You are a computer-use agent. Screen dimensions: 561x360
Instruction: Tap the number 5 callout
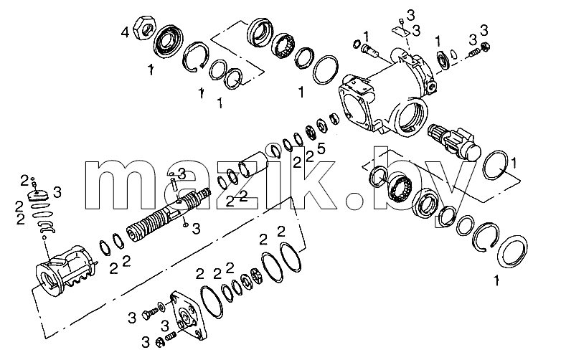point(321,148)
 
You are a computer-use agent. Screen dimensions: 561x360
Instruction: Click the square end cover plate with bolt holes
point(189,315)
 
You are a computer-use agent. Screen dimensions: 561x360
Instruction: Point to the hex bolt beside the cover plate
point(150,315)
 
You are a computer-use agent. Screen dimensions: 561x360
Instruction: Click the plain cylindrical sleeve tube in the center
point(253,164)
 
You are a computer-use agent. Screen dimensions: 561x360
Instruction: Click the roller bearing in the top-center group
point(284,47)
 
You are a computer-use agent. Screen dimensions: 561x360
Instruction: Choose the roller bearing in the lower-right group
point(401,190)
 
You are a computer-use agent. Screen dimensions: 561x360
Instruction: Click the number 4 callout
point(125,33)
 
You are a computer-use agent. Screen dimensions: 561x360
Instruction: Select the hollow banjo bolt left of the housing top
point(370,51)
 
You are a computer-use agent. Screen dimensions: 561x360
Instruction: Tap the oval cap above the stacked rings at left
point(37,196)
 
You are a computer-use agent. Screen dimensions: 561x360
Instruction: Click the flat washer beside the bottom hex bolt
point(161,305)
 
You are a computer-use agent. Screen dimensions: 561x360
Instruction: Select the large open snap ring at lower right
point(485,238)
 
